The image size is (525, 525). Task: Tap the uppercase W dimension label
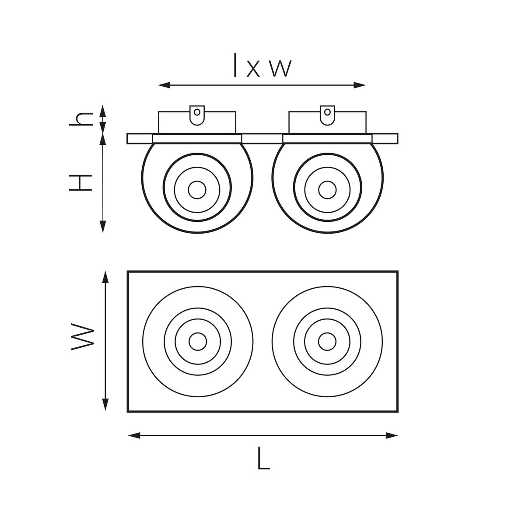(x=83, y=337)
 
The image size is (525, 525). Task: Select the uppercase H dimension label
(x=80, y=183)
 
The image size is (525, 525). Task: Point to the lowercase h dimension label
(x=81, y=119)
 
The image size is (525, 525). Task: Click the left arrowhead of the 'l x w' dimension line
(x=164, y=85)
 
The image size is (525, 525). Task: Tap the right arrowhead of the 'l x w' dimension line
(x=359, y=85)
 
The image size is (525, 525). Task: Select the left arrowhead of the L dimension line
(x=134, y=435)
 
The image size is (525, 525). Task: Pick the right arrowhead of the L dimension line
(x=392, y=435)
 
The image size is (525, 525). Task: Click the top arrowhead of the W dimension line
(x=105, y=277)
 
